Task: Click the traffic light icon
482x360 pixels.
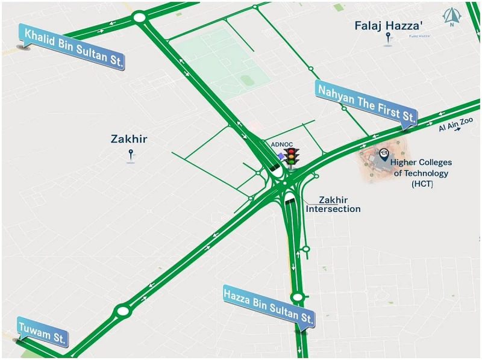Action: [x=292, y=158]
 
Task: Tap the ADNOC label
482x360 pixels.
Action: [x=281, y=144]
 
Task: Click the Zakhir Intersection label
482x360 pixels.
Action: [x=333, y=205]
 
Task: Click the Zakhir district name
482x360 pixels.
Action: [x=129, y=139]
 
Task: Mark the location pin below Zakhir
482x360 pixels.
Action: [x=131, y=156]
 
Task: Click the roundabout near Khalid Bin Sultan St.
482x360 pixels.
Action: [x=140, y=17]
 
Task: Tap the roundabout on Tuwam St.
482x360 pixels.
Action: [x=122, y=311]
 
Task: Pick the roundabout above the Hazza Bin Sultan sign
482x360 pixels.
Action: [x=296, y=297]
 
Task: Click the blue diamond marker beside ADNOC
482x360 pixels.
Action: [x=281, y=156]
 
